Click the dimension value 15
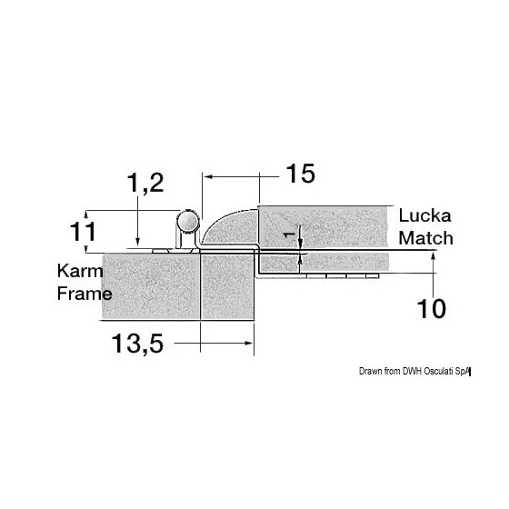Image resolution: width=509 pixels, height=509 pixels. pos(300,174)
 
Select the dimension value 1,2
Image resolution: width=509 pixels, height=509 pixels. pos(145,183)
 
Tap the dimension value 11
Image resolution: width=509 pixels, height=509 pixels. pos(83,232)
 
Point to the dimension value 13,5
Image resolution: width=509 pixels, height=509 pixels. pos(137,344)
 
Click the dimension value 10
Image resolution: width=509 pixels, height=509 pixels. pos(431,308)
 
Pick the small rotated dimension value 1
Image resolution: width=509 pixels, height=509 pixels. pos(288,235)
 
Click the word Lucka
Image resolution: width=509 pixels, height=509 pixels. pos(425,216)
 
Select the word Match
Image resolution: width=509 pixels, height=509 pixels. pos(425,238)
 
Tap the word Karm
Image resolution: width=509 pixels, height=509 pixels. pos(80,271)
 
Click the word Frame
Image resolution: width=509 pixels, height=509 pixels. pos(85,294)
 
